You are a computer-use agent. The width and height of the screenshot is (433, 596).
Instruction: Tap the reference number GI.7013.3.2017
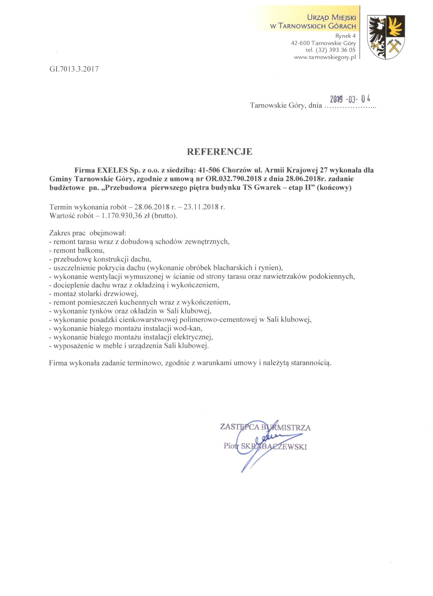(x=74, y=69)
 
